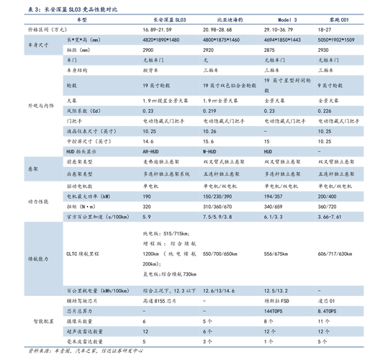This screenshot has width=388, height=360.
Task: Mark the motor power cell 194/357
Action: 274,196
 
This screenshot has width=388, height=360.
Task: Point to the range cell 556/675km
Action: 276,254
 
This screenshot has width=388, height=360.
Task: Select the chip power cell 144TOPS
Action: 274,310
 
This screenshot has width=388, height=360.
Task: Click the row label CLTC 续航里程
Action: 87,254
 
